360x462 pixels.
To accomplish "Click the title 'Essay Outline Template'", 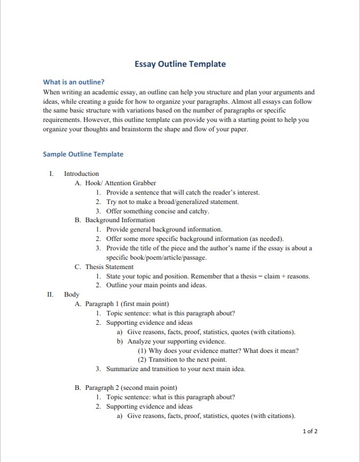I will tap(180, 64).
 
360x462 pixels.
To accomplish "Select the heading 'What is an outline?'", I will tap(74, 82).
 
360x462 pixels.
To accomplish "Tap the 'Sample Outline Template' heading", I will tap(83, 154).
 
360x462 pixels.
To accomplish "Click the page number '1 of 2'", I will tap(310, 432).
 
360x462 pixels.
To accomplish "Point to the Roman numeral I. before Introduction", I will tap(52, 174).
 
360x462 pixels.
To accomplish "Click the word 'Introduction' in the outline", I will tap(81, 174).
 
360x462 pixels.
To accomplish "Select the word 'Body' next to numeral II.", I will tap(72, 294).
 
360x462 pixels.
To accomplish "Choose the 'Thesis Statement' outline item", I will tap(109, 267).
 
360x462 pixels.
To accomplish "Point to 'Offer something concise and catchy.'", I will tap(158, 211).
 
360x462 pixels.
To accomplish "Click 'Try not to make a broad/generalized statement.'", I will tap(172, 202).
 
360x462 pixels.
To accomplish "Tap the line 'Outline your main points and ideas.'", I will tap(157, 286).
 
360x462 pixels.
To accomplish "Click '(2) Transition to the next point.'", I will tap(182, 359).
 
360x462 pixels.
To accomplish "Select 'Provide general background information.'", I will tap(164, 229).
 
